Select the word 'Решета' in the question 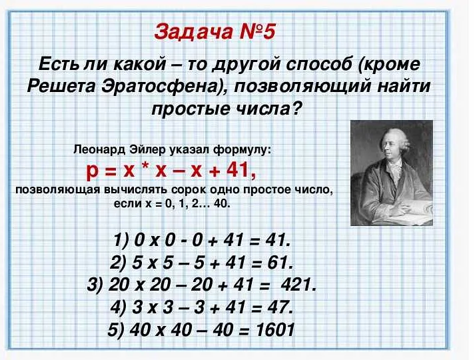pyautogui.click(x=59, y=87)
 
